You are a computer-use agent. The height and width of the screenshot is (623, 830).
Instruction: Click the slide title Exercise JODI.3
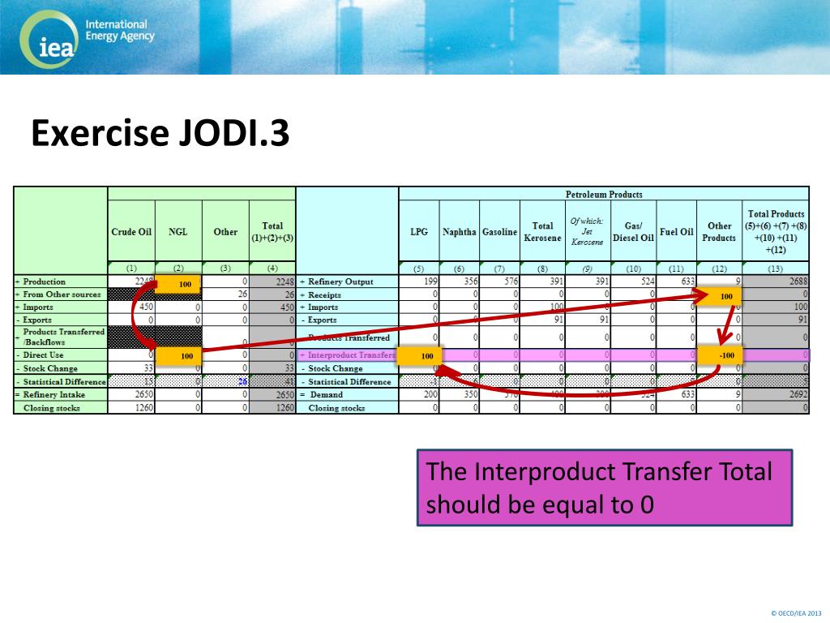pos(160,134)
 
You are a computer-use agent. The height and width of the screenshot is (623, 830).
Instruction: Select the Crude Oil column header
pos(131,232)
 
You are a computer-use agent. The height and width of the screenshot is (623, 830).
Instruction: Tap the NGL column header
pos(178,232)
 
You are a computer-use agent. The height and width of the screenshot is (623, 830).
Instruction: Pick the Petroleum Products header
pos(603,195)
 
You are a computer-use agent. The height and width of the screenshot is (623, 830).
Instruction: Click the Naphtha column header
pos(460,232)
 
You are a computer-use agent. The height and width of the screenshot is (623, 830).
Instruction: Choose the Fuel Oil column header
pos(677,232)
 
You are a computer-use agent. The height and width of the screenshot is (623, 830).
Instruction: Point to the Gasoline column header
pos(499,232)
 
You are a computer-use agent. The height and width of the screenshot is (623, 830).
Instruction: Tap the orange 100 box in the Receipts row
pos(725,297)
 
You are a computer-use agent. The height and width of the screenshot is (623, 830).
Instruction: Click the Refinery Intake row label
pos(56,395)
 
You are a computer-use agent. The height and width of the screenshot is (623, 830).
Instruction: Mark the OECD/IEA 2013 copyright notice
pos(796,612)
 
